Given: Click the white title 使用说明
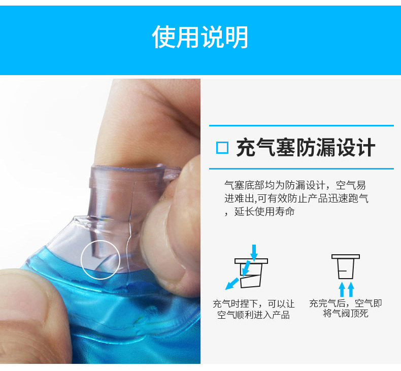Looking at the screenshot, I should coord(201,37).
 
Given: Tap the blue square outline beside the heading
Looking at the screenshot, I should coord(222,148).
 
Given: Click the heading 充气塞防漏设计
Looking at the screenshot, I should coord(306,148).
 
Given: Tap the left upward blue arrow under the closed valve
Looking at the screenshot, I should coord(342,289).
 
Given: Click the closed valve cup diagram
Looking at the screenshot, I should coord(345,267).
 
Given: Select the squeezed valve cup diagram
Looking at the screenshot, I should coord(252,272).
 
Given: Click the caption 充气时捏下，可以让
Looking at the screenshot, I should coord(253,304).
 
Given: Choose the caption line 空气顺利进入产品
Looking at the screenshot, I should coord(253,315).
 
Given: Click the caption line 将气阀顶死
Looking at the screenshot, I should coord(345,314).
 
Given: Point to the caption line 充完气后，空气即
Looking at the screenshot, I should coord(345,303).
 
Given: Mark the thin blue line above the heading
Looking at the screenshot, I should coord(302,125).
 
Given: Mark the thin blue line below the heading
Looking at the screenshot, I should coord(302,168).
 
